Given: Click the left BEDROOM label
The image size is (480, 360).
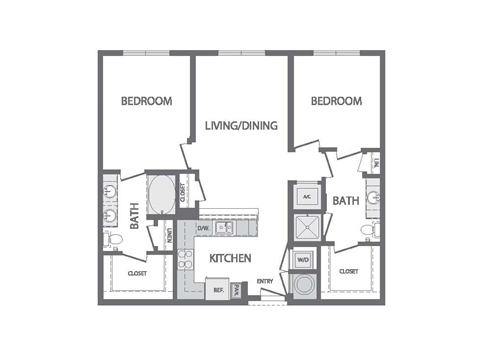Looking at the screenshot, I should point(147,101).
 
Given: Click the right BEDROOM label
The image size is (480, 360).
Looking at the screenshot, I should point(335,101).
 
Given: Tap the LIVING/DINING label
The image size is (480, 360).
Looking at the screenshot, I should point(241,126).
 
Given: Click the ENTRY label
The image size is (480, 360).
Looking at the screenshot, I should point(265,282).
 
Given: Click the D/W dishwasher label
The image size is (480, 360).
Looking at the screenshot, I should point(203,229).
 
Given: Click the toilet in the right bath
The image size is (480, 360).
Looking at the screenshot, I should point(368,231).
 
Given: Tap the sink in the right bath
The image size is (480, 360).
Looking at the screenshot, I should point(373,197).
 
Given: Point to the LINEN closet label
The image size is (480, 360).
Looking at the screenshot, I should point(171,237).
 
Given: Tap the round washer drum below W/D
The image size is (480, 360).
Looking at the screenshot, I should point(304,286).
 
